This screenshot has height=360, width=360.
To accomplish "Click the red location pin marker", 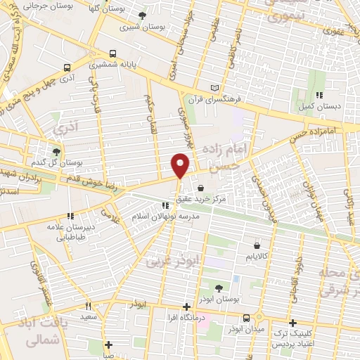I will pyautogui.click(x=181, y=165).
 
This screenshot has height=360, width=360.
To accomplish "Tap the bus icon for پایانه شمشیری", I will pyautogui.click(x=113, y=53).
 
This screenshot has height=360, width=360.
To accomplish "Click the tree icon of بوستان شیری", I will pyautogui.click(x=143, y=15).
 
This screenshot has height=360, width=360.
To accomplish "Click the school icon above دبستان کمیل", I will pyautogui.click(x=319, y=95).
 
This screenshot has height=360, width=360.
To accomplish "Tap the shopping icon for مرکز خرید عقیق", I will pyautogui.click(x=201, y=188).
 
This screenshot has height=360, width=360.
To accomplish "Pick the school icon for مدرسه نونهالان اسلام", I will pyautogui.click(x=166, y=205).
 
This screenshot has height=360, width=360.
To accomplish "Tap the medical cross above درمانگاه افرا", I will pyautogui.click(x=186, y=307).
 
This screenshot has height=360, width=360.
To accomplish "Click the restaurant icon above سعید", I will pyautogui.click(x=89, y=306).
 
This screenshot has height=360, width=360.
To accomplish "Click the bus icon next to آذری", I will pyautogui.click(x=67, y=68).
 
